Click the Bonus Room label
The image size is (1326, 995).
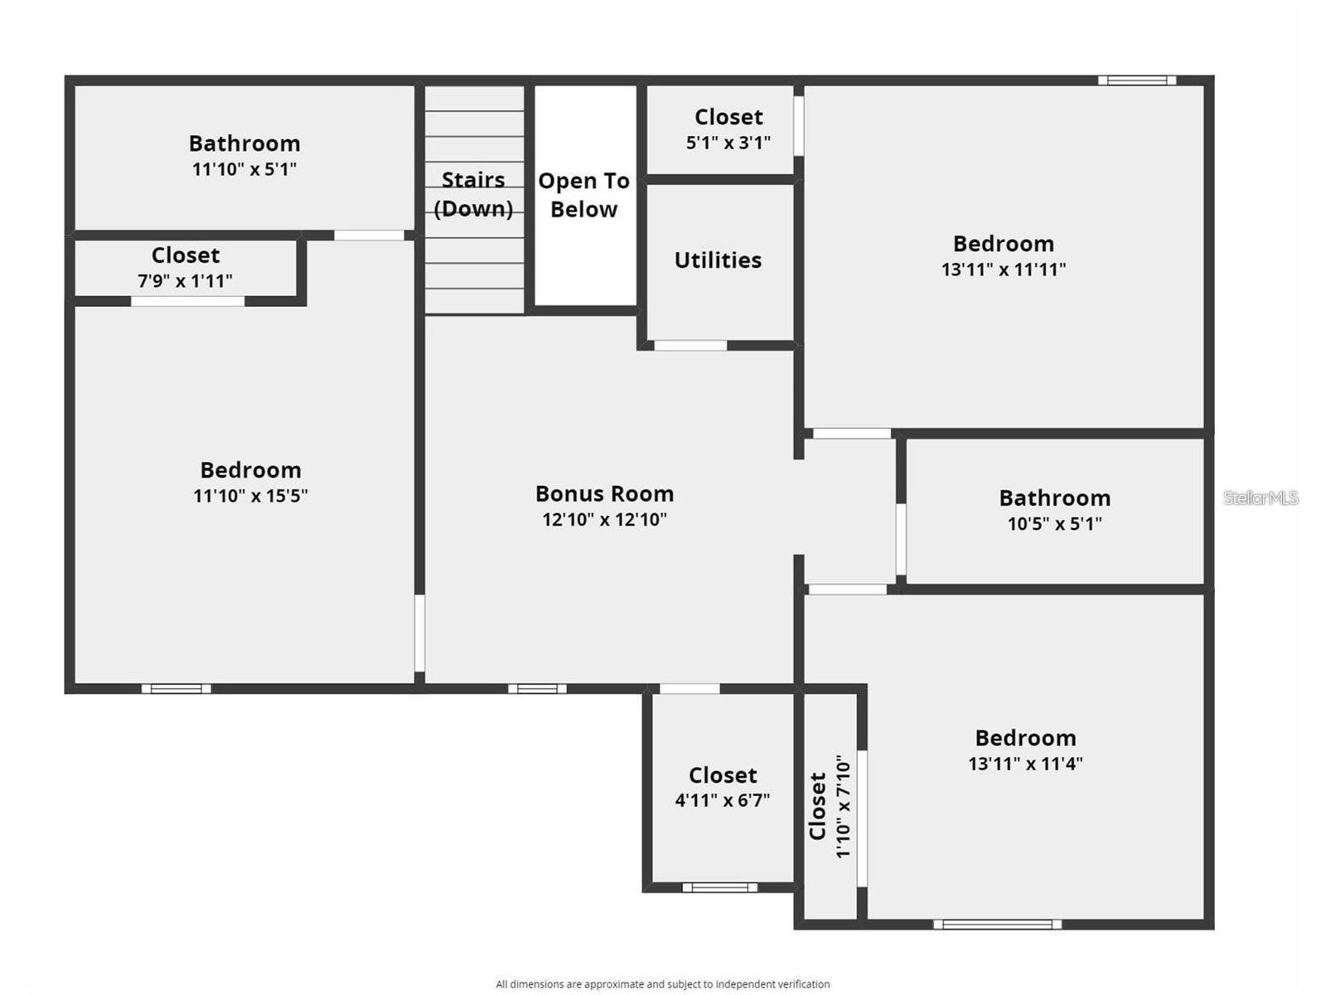point(604,494)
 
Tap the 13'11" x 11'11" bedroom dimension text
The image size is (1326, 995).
point(1003,269)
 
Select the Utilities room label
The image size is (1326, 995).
point(718,260)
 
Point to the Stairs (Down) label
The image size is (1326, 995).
point(473,194)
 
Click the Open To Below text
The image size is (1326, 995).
point(583,195)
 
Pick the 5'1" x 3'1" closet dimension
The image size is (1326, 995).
point(728,143)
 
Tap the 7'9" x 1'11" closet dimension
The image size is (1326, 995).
point(185,281)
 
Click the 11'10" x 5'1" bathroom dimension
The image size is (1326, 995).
point(244,169)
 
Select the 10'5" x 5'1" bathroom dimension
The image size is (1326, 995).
point(1054,524)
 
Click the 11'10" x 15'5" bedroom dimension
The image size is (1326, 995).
point(250,496)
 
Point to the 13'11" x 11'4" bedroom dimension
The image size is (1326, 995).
point(1025,764)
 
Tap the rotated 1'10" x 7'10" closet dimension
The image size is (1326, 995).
point(844,806)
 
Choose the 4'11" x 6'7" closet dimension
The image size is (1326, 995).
point(722,801)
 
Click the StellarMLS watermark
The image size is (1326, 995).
point(1261,498)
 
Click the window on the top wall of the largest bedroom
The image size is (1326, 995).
point(1136,80)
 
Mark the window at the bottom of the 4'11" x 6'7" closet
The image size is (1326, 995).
point(719,887)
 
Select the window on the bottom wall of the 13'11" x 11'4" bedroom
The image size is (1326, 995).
point(997,924)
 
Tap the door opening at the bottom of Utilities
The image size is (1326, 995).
point(690,345)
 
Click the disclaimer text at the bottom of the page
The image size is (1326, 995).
point(662,984)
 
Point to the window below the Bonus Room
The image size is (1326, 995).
point(537,688)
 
